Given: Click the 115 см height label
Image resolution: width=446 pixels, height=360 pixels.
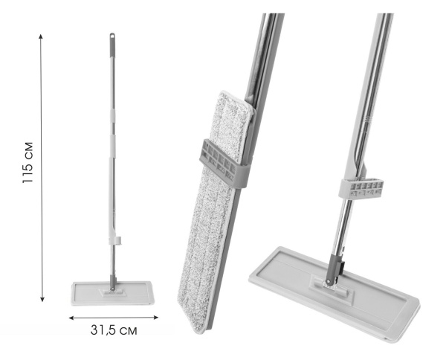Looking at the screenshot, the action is point(28,162).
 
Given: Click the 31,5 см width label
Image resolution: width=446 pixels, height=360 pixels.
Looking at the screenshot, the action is point(114,330).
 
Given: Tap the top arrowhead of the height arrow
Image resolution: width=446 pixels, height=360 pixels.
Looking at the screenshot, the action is point(41,36).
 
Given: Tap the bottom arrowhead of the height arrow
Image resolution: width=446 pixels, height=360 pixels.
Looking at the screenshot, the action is point(42,299).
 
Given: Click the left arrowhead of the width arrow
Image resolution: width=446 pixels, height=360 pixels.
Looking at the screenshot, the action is point(71,318).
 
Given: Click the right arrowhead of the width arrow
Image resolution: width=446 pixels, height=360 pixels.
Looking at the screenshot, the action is point(156,318).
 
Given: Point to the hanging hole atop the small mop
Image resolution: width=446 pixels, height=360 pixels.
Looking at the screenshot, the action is point(112,36).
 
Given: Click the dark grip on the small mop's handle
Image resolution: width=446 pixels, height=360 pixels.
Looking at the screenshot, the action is point(112,45).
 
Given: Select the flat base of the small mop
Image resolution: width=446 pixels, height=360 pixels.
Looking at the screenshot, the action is point(112,293).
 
